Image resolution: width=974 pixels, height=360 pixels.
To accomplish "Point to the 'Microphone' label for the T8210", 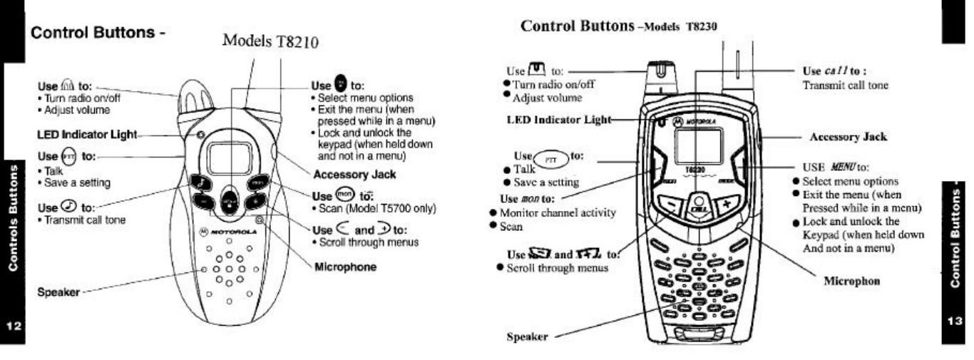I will (346, 267).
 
